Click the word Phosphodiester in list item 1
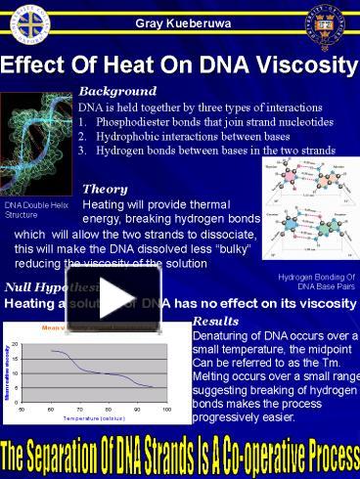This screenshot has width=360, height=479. point(137,121)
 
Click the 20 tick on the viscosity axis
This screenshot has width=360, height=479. point(14,345)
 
